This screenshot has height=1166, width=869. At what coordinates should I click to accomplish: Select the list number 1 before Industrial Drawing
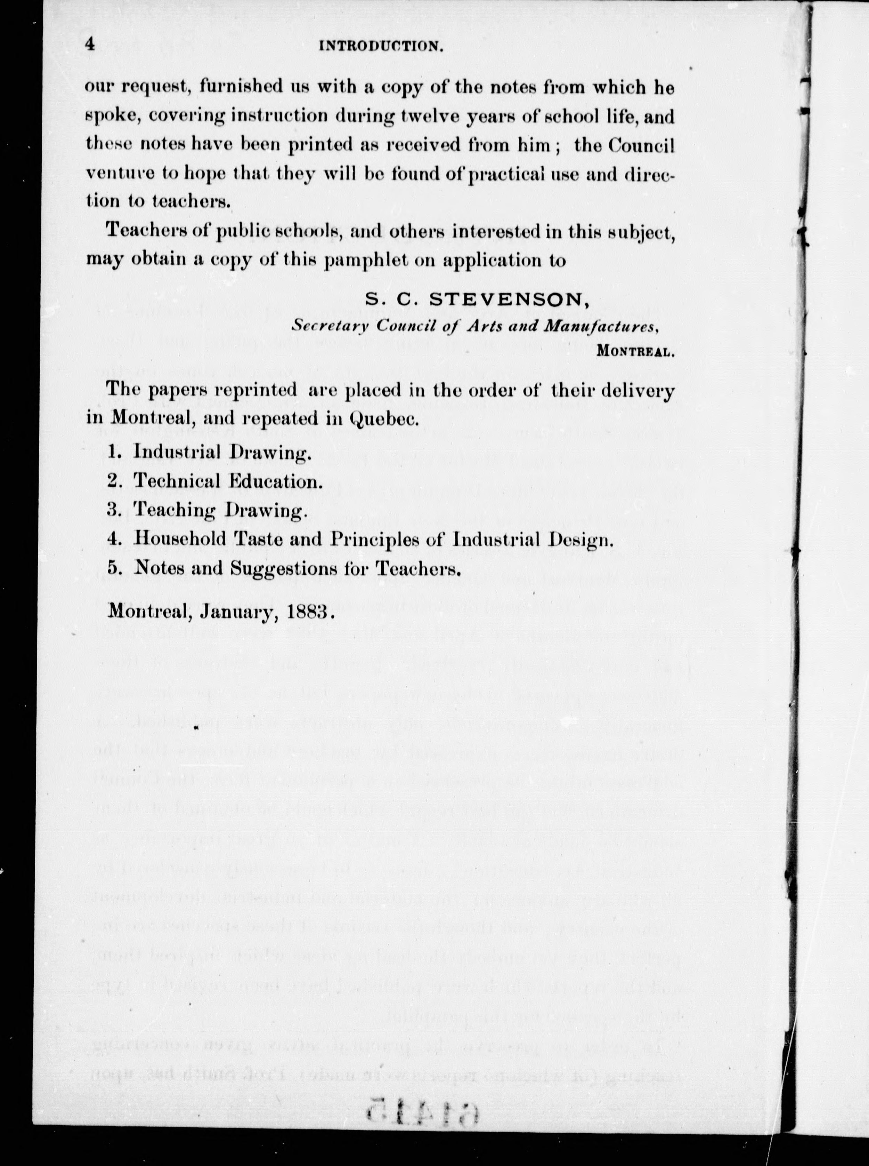click(x=112, y=452)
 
